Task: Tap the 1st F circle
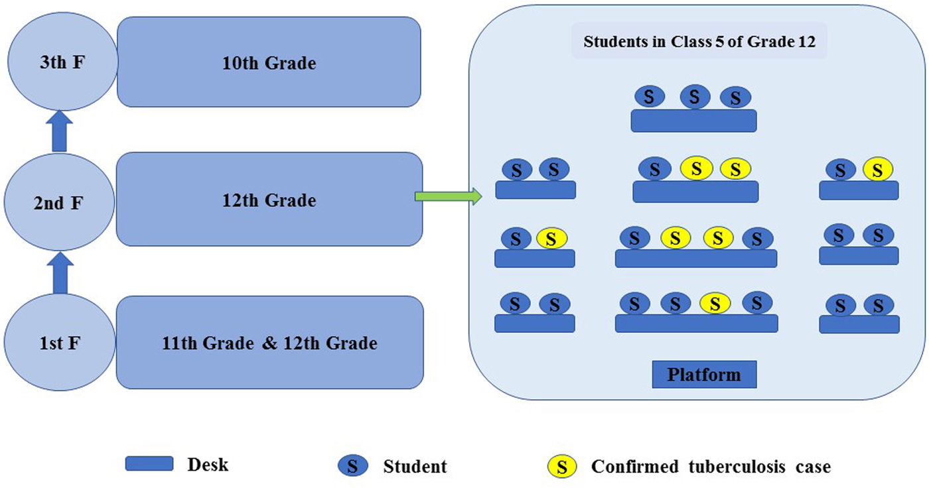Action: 60,343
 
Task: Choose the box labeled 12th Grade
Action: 269,199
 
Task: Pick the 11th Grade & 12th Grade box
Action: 269,342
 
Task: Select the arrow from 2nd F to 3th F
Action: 60,133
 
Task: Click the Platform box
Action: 703,375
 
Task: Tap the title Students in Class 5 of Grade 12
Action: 698,42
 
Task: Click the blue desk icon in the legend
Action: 149,463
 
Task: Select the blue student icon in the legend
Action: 353,466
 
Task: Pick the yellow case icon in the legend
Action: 561,466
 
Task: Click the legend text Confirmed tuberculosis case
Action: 711,466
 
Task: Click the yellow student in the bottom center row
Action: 715,304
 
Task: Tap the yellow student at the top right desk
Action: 877,170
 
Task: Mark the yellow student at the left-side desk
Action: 551,238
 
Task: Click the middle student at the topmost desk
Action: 695,97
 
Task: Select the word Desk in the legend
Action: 208,465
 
